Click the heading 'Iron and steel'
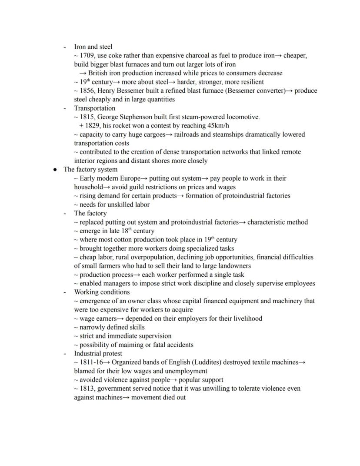pyautogui.click(x=93, y=47)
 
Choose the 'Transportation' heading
pyautogui.click(x=94, y=108)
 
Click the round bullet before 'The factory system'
pyautogui.click(x=55, y=170)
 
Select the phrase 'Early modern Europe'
pyautogui.click(x=110, y=178)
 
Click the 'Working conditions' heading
pyautogui.click(x=102, y=292)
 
